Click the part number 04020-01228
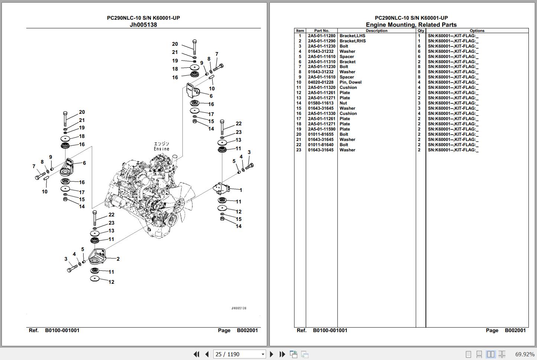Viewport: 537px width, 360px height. [320, 82]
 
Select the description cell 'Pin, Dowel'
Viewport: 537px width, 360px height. [350, 82]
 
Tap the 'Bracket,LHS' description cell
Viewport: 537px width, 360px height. [352, 36]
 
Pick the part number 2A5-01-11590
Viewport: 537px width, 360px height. [321, 129]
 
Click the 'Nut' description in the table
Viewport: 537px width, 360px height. [343, 103]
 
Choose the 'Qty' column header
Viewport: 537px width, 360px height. [421, 30]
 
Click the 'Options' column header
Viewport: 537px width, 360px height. [477, 30]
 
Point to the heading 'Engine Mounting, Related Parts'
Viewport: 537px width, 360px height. [411, 25]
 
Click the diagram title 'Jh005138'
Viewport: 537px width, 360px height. [143, 25]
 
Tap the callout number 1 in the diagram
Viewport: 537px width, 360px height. [241, 190]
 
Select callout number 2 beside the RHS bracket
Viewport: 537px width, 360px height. [118, 259]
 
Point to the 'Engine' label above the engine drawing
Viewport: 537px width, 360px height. [161, 149]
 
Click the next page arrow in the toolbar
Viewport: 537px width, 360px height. [271, 354]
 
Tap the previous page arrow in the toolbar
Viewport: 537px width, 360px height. [207, 354]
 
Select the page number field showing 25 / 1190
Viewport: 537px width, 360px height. [239, 354]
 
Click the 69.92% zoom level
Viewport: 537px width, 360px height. [525, 354]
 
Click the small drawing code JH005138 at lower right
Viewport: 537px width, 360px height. [239, 308]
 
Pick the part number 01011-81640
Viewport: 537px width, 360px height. [320, 145]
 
